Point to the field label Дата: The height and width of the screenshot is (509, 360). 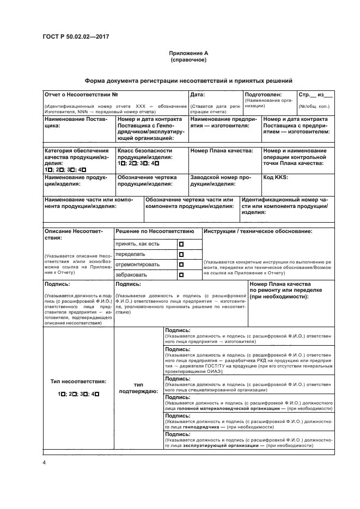point(197,94)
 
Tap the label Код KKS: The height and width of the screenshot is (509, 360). point(276,177)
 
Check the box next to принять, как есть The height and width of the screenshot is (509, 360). point(182,244)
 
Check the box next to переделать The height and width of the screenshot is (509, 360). point(182,254)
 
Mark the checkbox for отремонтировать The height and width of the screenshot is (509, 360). point(182,265)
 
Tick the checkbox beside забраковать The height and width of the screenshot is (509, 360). point(182,275)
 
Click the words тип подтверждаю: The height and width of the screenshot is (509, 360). point(138,387)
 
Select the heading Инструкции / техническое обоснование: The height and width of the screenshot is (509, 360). point(258,231)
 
